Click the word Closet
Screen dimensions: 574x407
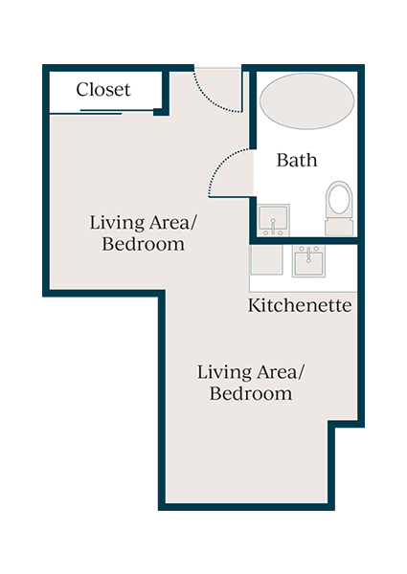click(103, 90)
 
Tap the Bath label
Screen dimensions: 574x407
click(297, 160)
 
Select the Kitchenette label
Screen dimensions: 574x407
click(300, 306)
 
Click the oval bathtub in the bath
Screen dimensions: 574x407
click(305, 101)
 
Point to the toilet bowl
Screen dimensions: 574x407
click(339, 199)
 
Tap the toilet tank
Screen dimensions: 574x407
click(339, 227)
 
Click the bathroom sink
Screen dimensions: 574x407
click(275, 221)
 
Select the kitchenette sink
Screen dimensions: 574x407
click(309, 261)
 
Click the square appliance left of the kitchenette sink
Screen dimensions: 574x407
click(266, 260)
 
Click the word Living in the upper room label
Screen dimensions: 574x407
click(113, 223)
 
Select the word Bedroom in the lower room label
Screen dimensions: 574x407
click(251, 393)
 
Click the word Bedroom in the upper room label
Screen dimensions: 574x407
click(143, 244)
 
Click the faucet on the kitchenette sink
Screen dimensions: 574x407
click(309, 253)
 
